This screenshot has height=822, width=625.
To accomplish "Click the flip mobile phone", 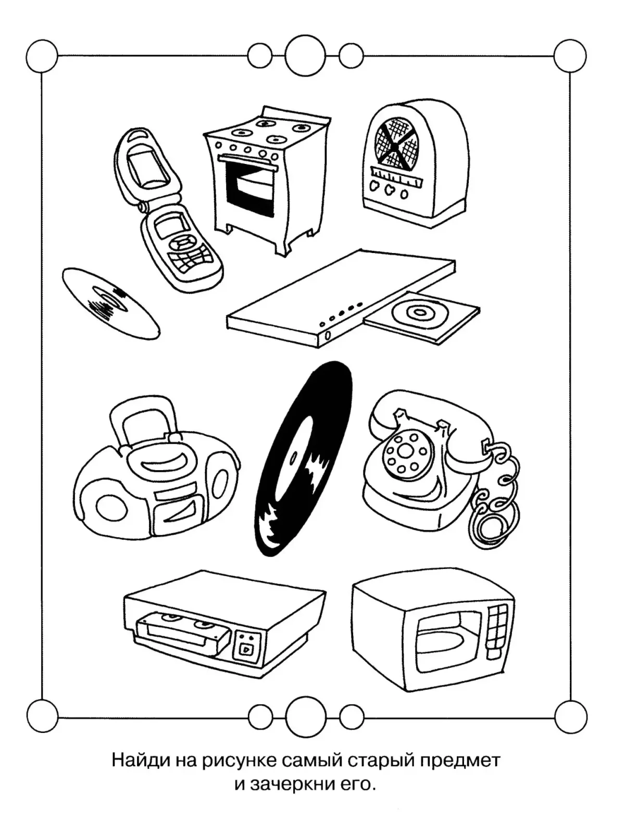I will point(167,208).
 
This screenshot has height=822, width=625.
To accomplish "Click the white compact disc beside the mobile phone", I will point(110,302).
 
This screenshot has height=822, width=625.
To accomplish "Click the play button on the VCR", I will point(245,648).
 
